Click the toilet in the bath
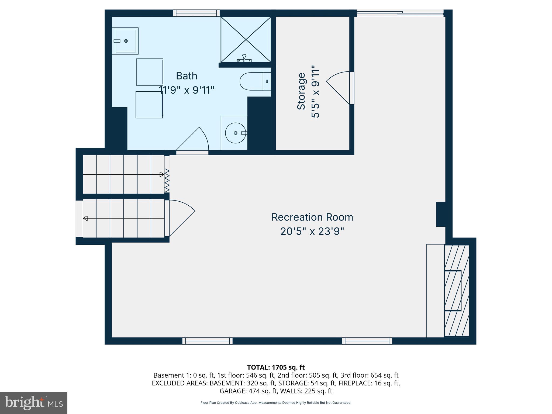[252, 81]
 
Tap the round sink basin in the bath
[235, 133]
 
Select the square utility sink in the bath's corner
[126, 41]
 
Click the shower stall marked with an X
[246, 39]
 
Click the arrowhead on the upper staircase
[162, 174]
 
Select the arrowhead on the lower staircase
[85, 218]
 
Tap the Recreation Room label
[312, 217]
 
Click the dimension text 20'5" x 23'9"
[312, 232]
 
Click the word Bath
[187, 76]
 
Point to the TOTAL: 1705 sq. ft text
[276, 367]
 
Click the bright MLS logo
[33, 403]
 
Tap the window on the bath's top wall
[196, 13]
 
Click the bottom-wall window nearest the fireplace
[367, 341]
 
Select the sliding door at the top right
[400, 13]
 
